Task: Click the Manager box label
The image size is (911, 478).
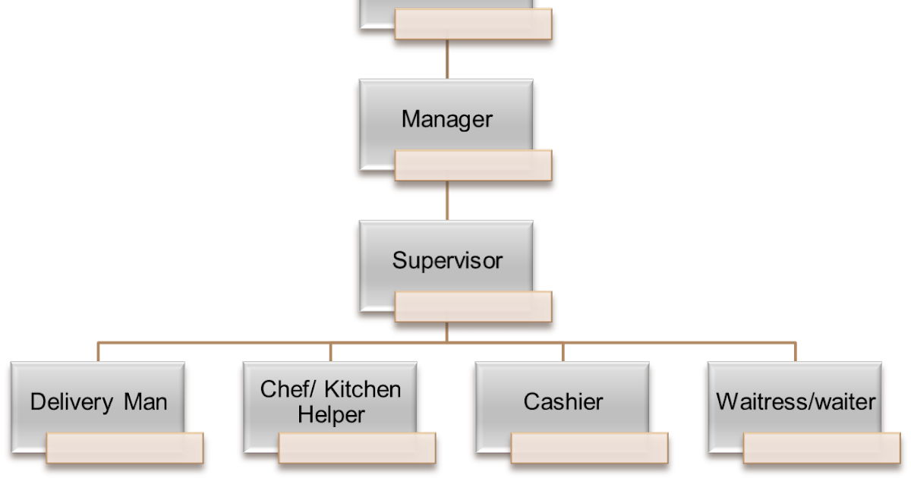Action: tap(446, 119)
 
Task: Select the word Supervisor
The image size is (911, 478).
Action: tap(446, 260)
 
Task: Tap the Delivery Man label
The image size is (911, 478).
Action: tap(99, 401)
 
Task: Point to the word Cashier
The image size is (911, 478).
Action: tap(563, 401)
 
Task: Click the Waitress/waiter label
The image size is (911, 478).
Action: tap(796, 401)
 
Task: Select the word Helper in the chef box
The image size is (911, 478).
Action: tap(331, 415)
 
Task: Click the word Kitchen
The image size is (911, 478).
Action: tap(361, 389)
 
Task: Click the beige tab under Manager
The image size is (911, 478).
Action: tap(473, 165)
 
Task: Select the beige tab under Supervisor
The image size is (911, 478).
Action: tap(473, 306)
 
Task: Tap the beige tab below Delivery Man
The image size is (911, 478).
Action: tap(125, 448)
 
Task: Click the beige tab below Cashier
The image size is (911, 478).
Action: tap(590, 448)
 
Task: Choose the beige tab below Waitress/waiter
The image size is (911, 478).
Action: tap(822, 448)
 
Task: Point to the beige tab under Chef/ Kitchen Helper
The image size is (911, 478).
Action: tap(358, 448)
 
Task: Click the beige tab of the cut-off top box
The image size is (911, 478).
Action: tap(473, 24)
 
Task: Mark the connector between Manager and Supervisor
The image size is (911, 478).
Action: tap(446, 200)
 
